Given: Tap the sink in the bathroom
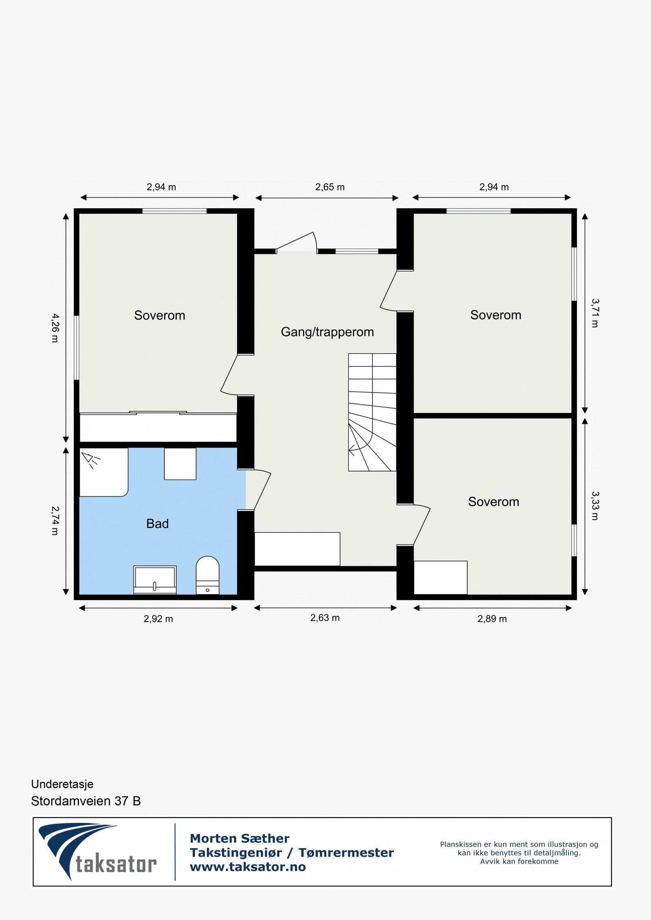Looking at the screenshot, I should (x=155, y=579).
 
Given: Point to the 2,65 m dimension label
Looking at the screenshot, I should (x=330, y=187).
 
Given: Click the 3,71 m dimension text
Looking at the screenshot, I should (x=595, y=313).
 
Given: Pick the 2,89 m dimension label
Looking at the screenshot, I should (x=492, y=619).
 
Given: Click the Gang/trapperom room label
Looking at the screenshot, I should (x=327, y=332).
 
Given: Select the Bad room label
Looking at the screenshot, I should (x=157, y=524).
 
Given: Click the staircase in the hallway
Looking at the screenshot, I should (x=372, y=412).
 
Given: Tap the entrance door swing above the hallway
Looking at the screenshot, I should (x=297, y=242).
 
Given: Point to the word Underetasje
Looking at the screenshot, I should (x=62, y=784).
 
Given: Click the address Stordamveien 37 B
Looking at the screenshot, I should (x=86, y=801).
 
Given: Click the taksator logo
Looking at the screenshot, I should (x=98, y=852).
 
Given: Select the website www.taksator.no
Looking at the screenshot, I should (x=248, y=867).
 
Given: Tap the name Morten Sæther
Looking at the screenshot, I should (x=240, y=838).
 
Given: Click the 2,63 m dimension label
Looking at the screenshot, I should (x=325, y=618).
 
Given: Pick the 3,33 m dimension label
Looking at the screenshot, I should (x=595, y=506).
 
